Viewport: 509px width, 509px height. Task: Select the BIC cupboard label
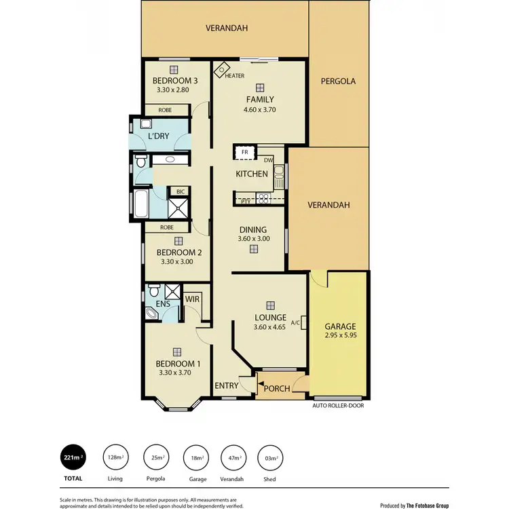tap(180, 192)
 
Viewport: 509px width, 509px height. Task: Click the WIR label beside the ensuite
tap(191, 297)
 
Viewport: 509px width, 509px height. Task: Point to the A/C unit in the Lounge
tap(303, 323)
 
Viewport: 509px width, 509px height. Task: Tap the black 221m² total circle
tap(73, 457)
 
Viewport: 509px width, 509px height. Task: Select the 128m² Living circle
tap(115, 457)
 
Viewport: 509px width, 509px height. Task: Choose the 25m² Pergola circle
tap(157, 457)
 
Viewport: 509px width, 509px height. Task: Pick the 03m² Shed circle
tap(270, 457)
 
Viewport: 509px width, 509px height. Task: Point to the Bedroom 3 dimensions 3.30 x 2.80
tap(175, 89)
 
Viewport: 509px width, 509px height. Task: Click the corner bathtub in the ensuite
tap(153, 314)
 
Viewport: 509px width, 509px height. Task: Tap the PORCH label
tap(278, 388)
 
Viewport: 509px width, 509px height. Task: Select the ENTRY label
tap(227, 386)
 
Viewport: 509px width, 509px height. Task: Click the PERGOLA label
tap(339, 81)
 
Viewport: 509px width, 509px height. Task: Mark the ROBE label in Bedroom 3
tap(165, 110)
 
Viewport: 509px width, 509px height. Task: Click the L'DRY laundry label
tap(158, 136)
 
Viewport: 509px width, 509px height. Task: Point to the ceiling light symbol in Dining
tap(253, 249)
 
